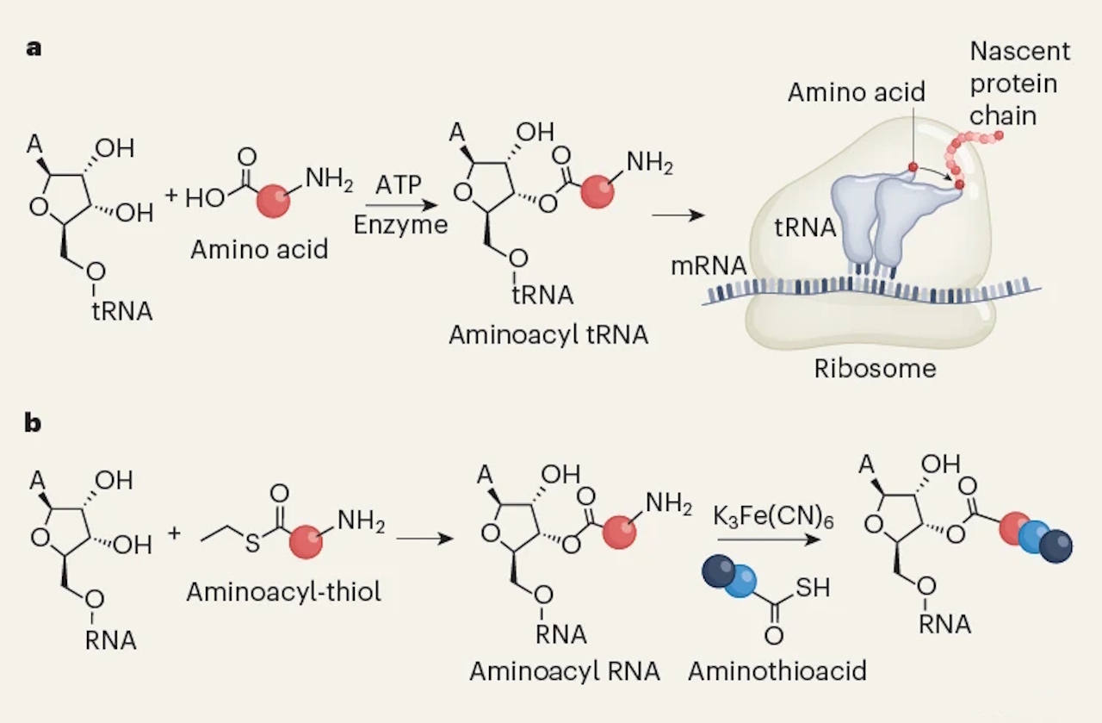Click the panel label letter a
34,47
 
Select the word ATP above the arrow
399,185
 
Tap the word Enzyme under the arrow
400,226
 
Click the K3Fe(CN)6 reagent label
764,519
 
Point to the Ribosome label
875,369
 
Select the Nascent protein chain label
1020,84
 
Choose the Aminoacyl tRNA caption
548,335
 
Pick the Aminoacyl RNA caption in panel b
565,670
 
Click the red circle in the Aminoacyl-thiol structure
306,543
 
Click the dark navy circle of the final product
1056,545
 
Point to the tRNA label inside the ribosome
806,227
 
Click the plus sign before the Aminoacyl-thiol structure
175,532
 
